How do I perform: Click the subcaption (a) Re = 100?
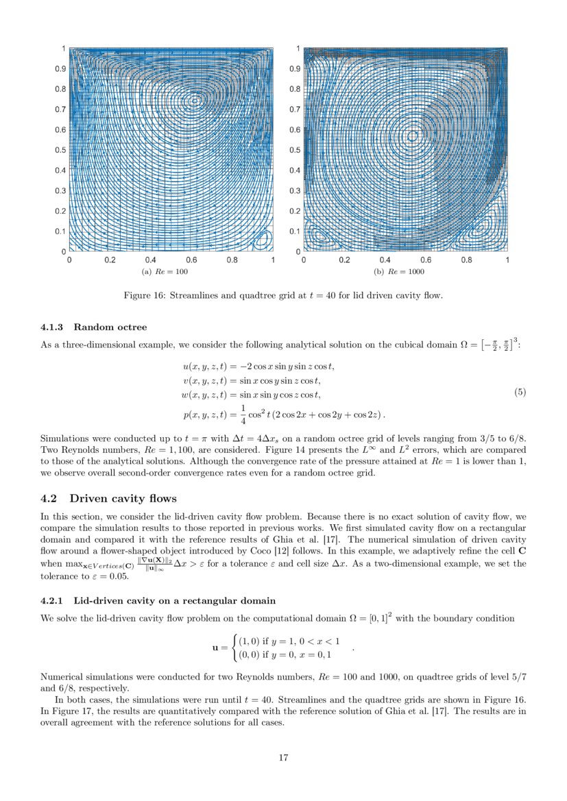(x=164, y=272)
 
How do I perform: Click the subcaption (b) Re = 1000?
(x=399, y=272)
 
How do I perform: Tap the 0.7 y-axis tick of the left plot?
(x=61, y=109)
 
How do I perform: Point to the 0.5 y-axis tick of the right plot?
(x=293, y=150)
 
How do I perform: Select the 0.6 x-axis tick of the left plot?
(x=191, y=260)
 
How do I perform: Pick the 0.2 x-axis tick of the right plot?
(x=344, y=260)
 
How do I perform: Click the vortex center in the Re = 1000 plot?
(x=412, y=136)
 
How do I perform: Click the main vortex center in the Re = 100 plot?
(x=194, y=100)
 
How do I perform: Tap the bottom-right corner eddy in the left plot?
(x=263, y=240)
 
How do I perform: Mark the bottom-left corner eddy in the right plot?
(x=319, y=234)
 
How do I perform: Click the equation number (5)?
(x=520, y=393)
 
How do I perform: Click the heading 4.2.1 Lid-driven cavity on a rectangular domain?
(x=158, y=601)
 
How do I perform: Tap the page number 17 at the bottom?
(x=283, y=757)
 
